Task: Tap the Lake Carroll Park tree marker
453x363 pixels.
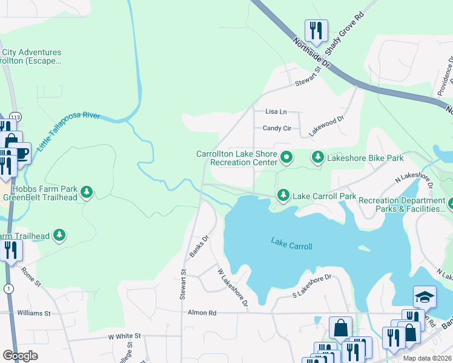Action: pyautogui.click(x=282, y=195)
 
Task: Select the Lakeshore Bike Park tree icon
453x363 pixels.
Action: pyautogui.click(x=317, y=158)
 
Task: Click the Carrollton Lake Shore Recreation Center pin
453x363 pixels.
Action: pyautogui.click(x=287, y=158)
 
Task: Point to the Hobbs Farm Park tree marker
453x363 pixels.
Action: pyautogui.click(x=87, y=192)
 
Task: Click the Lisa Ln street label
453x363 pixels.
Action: pyautogui.click(x=276, y=112)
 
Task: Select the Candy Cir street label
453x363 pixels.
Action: pyautogui.click(x=277, y=128)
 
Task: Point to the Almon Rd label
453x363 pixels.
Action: pyautogui.click(x=203, y=313)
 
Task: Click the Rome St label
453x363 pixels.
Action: pyautogui.click(x=30, y=278)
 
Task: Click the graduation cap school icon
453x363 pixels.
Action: pyautogui.click(x=425, y=296)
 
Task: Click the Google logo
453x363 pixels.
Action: pyautogui.click(x=20, y=356)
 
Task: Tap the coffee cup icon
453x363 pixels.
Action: pyautogui.click(x=21, y=154)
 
